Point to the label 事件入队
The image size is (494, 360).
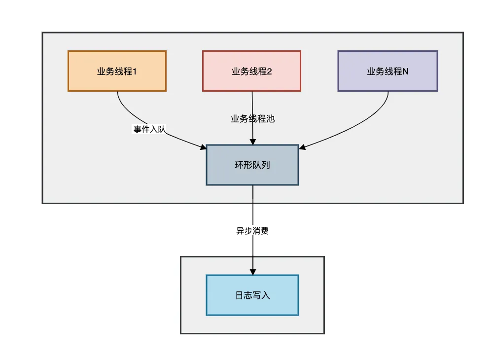point(149,129)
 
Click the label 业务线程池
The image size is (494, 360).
point(252,119)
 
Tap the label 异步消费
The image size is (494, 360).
point(252,231)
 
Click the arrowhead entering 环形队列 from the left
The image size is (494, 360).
point(203,147)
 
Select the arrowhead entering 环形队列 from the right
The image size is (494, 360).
point(303,146)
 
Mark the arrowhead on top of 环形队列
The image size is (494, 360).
point(253,141)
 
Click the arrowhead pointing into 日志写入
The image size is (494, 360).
point(253,272)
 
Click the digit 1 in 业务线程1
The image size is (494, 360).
point(134,71)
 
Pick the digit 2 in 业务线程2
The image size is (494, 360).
point(269,71)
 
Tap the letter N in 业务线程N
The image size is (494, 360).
point(405,71)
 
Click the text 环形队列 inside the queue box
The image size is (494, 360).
point(252,165)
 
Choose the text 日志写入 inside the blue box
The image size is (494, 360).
point(252,295)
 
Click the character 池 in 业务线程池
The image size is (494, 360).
point(270,119)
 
